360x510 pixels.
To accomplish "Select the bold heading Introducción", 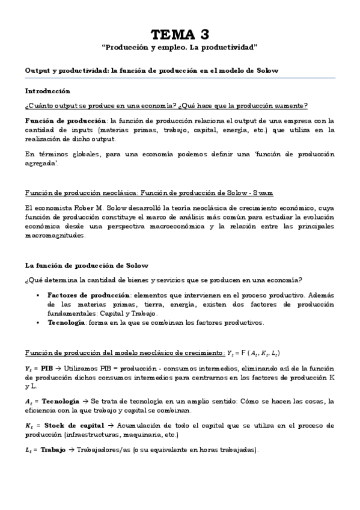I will [x=47, y=91].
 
